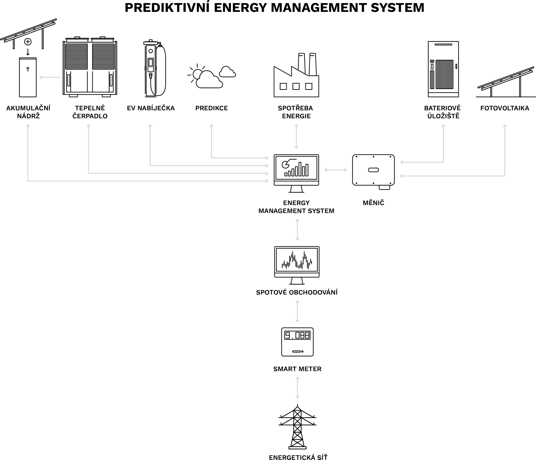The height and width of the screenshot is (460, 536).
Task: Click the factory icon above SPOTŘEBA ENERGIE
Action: click(296, 76)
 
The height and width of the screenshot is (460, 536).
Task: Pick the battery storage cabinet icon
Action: click(443, 69)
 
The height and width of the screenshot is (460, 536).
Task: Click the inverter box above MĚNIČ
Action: click(373, 170)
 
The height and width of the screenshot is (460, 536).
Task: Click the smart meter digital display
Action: click(297, 335)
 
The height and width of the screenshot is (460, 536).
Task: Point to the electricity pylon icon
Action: click(297, 427)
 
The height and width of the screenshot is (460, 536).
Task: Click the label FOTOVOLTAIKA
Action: click(505, 108)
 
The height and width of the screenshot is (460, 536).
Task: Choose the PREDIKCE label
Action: click(212, 108)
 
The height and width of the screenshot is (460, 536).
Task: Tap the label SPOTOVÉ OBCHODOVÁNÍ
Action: click(297, 292)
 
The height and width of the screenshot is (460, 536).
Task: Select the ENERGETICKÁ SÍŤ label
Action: click(298, 457)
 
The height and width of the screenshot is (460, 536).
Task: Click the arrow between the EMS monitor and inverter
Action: click(336, 170)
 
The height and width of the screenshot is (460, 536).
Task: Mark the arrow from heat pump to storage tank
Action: click(50, 77)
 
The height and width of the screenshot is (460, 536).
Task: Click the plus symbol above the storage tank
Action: click(28, 42)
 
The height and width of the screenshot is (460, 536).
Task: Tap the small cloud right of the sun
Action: click(227, 73)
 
